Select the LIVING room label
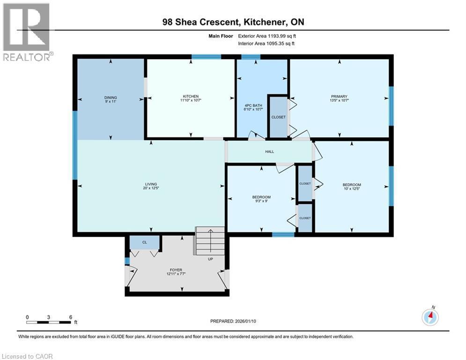point(150,184)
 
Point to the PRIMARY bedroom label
point(339,97)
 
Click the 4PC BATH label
point(253,106)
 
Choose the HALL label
point(269,151)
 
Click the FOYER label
point(176,270)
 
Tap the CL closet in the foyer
point(145,243)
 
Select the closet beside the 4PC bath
point(278,117)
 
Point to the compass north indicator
point(430,317)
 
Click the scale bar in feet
point(49,322)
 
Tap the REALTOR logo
point(27,32)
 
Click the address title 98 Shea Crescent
point(233,22)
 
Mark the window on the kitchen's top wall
point(206,57)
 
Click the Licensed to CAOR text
point(27,356)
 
